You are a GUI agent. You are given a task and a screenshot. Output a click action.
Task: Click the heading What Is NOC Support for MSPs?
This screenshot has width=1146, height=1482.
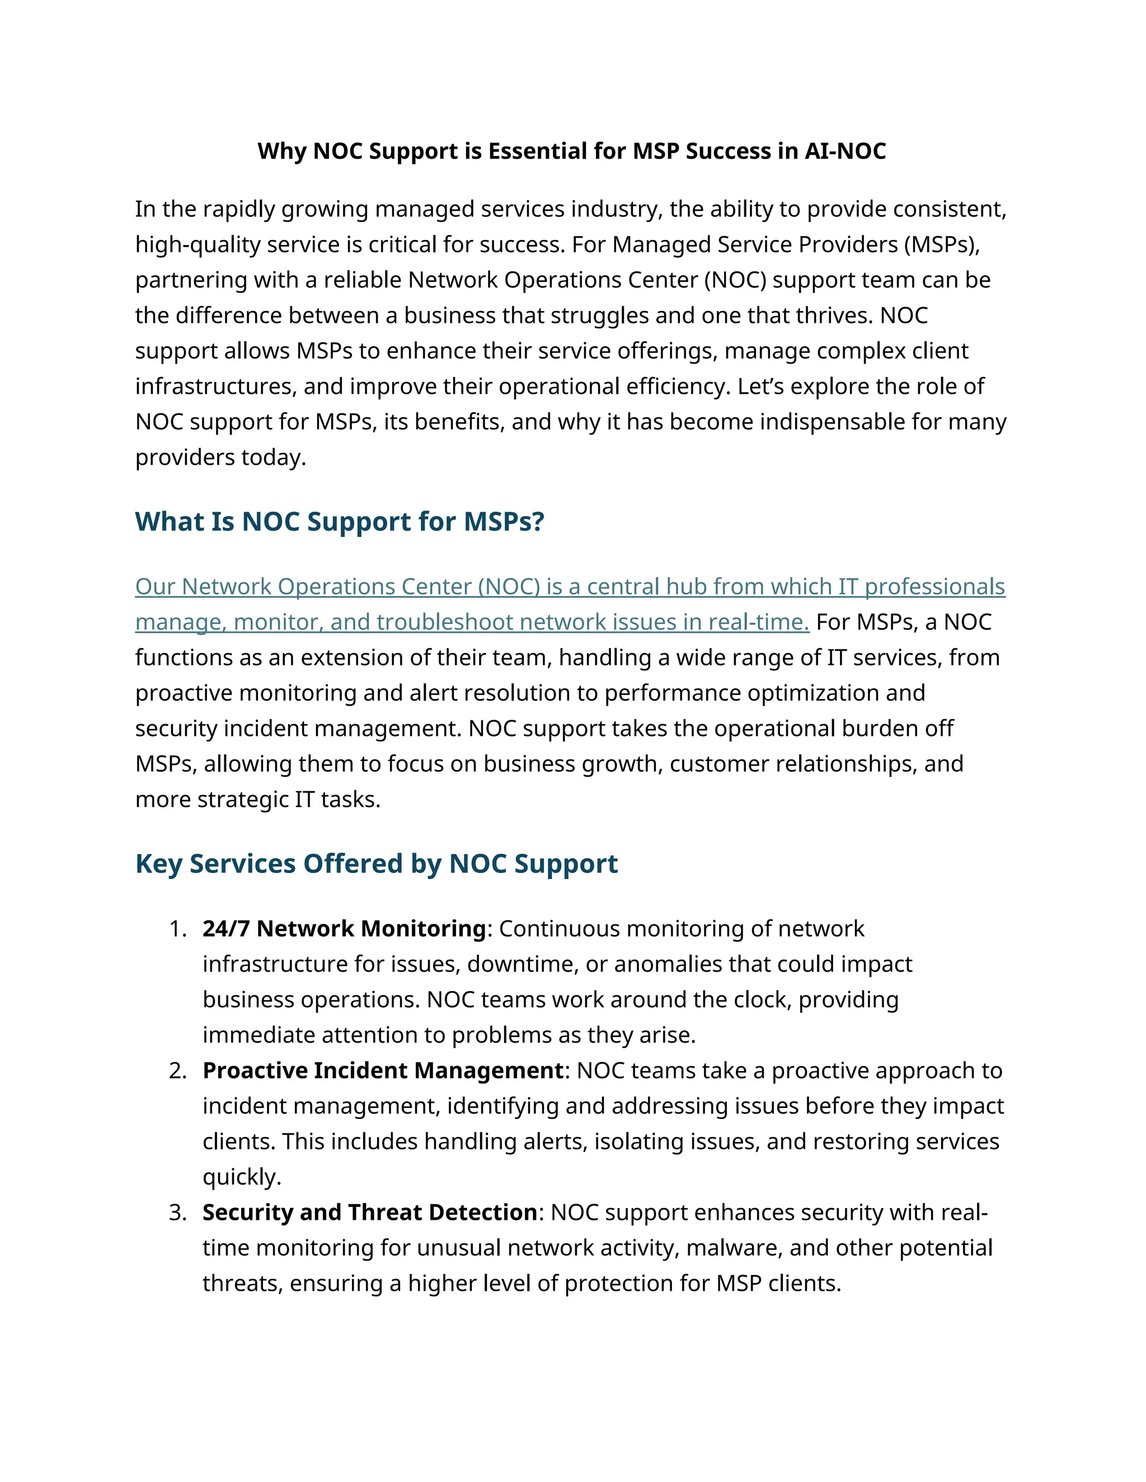340,521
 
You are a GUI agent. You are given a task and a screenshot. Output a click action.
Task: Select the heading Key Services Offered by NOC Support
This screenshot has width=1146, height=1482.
376,863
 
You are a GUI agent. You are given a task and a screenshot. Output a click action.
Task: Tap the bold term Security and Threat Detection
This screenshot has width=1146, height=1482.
370,1212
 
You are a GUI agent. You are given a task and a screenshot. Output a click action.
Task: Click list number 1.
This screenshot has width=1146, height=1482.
177,928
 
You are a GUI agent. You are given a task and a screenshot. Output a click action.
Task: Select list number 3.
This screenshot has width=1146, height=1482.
177,1212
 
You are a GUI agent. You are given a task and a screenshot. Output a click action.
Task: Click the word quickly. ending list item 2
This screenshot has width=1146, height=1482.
242,1177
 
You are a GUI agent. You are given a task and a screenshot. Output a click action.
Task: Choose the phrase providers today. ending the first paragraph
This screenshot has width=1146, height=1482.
220,457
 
